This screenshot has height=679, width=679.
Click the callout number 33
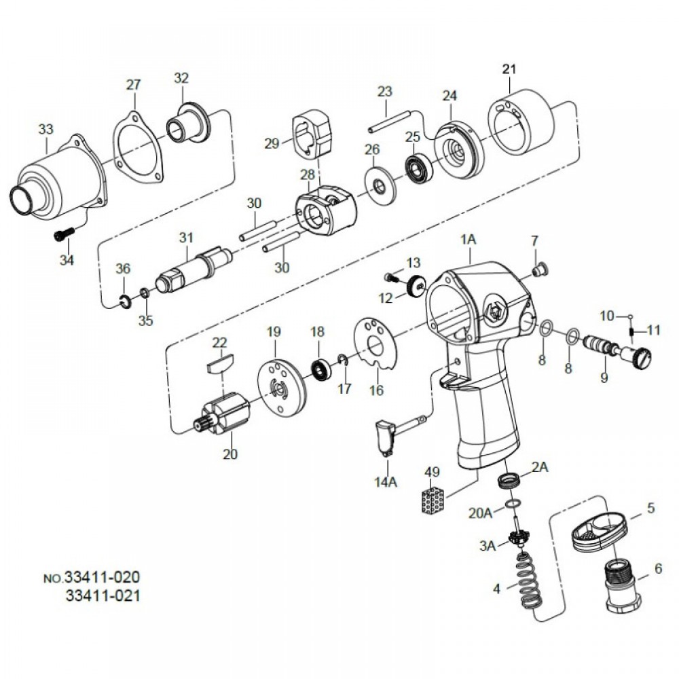pos(45,128)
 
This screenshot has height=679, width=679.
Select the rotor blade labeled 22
pos(220,359)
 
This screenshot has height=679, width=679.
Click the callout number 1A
pos(469,240)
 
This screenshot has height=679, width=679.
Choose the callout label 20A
pos(481,513)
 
